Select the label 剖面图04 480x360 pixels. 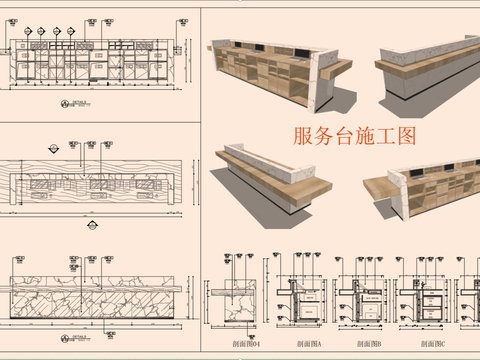point(243,344)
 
